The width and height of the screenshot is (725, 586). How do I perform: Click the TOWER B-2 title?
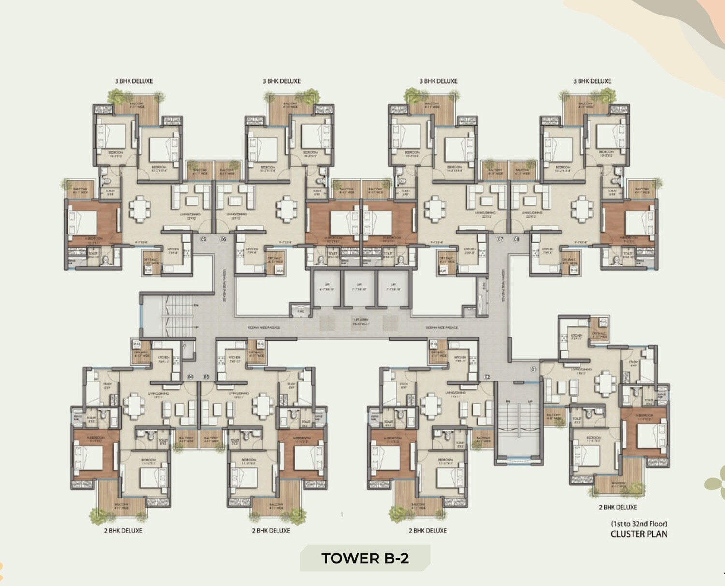click(x=365, y=558)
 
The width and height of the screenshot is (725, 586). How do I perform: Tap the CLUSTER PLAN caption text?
click(x=638, y=534)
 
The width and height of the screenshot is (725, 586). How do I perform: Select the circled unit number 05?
click(x=203, y=239)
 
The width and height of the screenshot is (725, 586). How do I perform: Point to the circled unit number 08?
click(x=516, y=239)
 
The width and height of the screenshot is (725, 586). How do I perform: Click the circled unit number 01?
click(x=534, y=369)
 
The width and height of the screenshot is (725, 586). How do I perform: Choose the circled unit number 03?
click(x=206, y=377)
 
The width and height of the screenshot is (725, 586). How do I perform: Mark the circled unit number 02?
click(x=487, y=377)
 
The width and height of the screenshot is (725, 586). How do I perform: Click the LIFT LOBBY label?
click(x=361, y=322)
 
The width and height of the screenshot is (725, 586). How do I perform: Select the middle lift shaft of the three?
click(x=359, y=288)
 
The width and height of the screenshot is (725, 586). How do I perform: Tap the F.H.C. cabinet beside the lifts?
click(x=301, y=311)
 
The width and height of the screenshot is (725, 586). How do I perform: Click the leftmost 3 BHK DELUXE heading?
click(x=134, y=81)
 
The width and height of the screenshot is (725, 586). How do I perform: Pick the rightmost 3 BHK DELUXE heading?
click(x=592, y=81)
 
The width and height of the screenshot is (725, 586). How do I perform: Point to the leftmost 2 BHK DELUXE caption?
click(x=123, y=530)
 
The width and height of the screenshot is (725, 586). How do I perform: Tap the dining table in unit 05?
click(x=140, y=209)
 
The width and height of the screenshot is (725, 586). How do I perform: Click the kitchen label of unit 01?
click(x=576, y=336)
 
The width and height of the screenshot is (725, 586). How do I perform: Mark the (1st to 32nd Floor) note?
click(x=638, y=524)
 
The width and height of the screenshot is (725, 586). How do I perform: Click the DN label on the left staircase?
click(x=196, y=306)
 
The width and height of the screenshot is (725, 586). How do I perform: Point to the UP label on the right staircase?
click(x=530, y=402)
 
